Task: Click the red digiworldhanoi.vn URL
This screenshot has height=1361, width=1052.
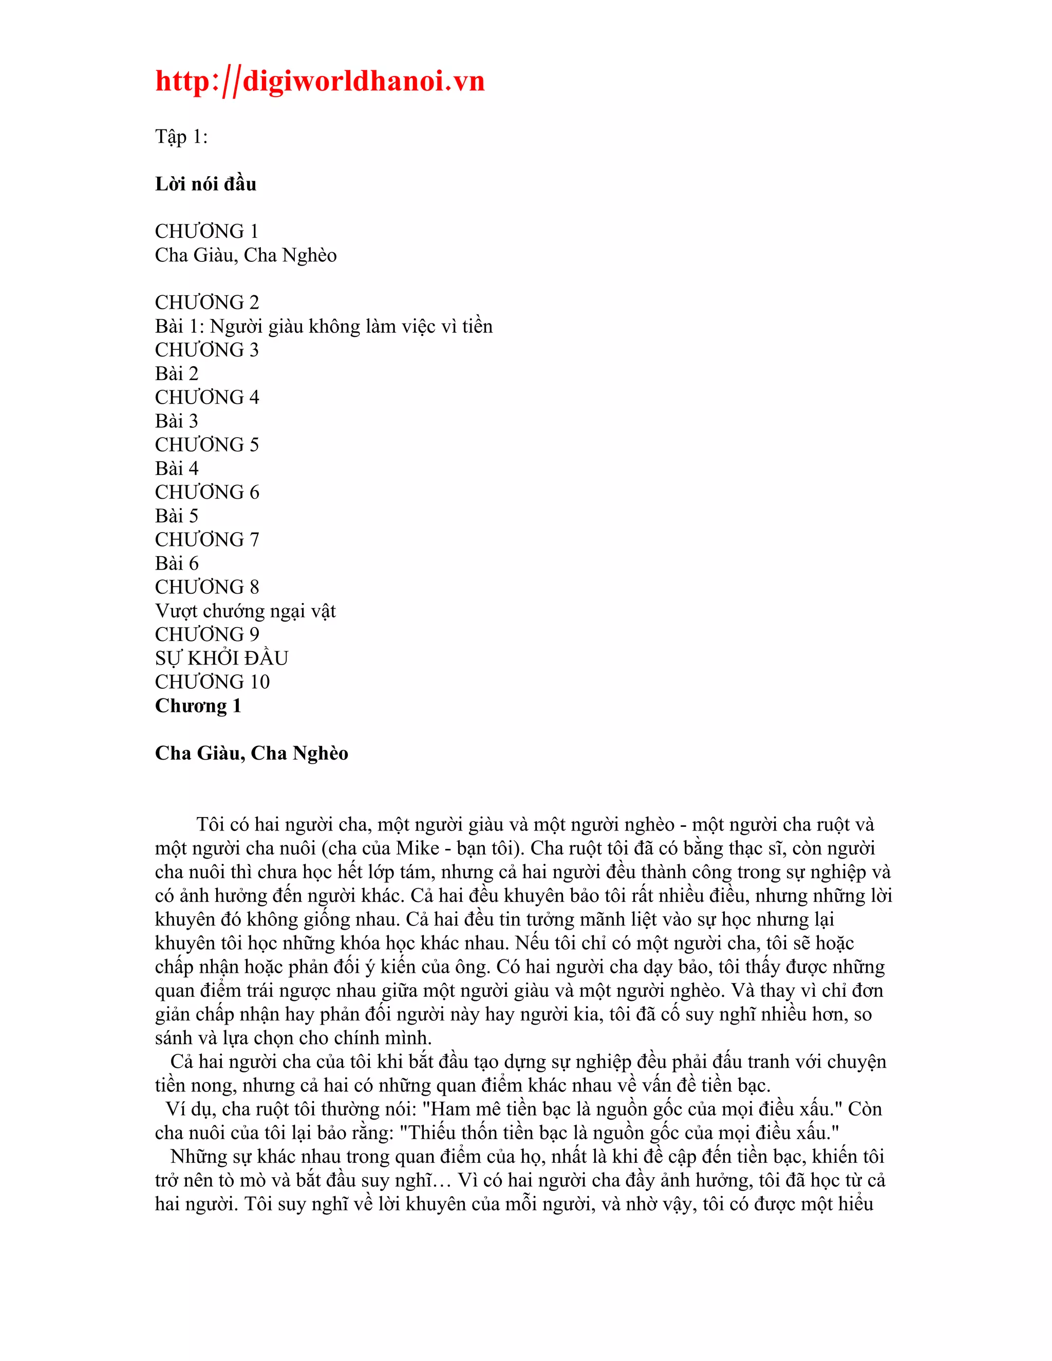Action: (x=320, y=82)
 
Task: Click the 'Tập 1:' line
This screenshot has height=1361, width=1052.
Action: (x=181, y=137)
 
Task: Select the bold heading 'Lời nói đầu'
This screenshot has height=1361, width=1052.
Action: (x=205, y=184)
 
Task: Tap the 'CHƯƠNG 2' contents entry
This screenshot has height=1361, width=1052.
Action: (x=207, y=303)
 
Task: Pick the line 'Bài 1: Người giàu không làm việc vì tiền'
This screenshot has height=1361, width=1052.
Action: (x=324, y=327)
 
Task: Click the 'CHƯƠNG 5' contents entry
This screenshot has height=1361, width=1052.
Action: (x=207, y=445)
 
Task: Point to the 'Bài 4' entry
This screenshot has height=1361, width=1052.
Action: (x=177, y=468)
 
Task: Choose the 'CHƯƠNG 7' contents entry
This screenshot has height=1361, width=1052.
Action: (x=207, y=540)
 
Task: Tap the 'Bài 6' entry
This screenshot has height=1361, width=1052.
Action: (x=177, y=563)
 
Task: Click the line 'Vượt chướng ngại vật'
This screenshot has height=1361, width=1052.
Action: (x=245, y=611)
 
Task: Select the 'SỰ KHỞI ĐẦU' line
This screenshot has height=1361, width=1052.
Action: (x=221, y=659)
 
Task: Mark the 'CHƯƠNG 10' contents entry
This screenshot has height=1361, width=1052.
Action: (x=212, y=683)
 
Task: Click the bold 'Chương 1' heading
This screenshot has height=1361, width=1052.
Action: (x=198, y=706)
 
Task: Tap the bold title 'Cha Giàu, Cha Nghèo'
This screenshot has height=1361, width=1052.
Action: (x=251, y=753)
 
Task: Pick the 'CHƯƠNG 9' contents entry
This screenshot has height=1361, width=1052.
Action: (x=207, y=634)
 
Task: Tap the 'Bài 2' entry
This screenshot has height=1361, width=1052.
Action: (x=177, y=374)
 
